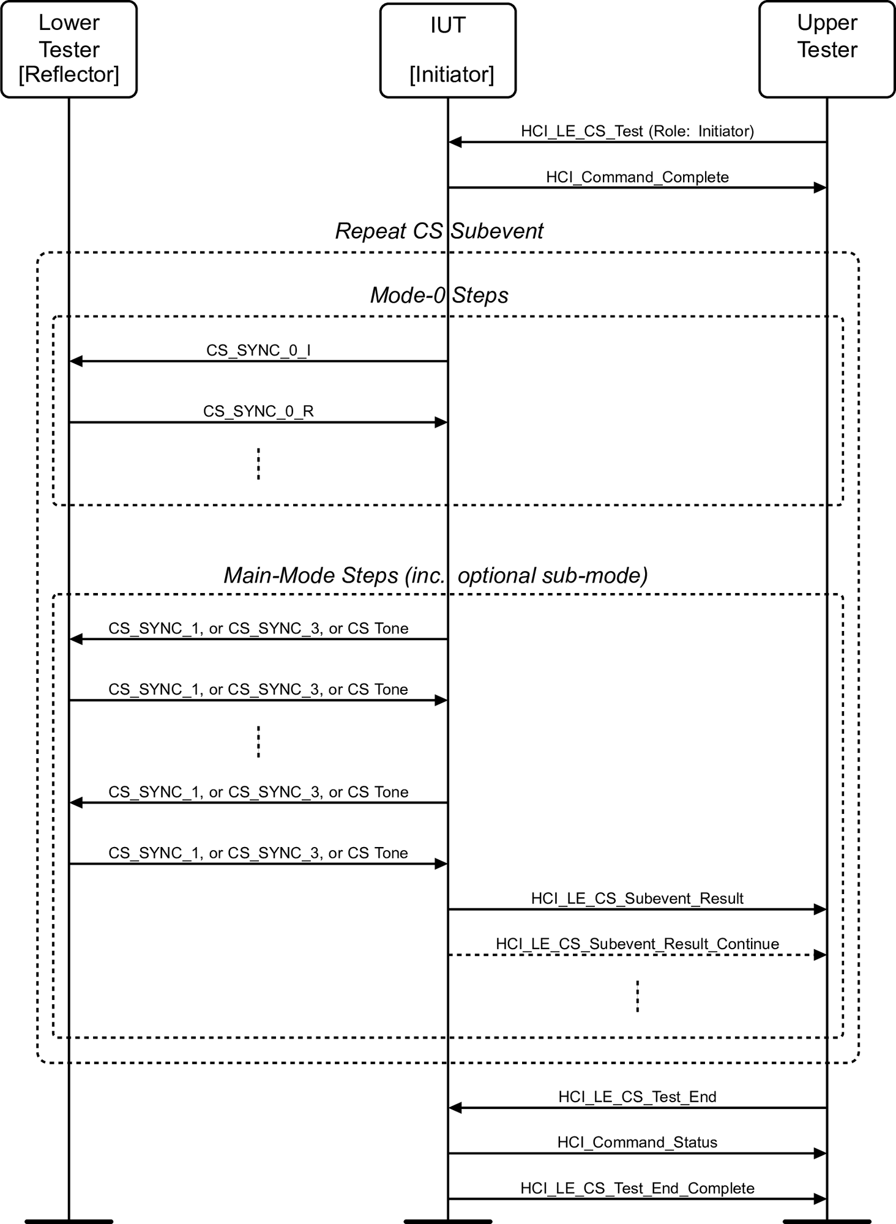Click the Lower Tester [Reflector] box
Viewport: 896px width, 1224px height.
(69, 49)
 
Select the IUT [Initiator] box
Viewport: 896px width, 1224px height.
(448, 50)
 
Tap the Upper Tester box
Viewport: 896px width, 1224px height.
(827, 49)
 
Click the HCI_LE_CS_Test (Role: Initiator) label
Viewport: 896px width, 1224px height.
(637, 131)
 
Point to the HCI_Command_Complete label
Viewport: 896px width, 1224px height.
(637, 177)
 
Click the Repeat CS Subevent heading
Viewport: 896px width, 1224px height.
(439, 231)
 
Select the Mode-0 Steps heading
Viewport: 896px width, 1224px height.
(439, 295)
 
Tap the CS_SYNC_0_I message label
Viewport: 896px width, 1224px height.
(258, 350)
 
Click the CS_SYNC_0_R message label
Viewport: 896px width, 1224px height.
(258, 411)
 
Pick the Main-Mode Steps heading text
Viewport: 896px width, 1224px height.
(435, 575)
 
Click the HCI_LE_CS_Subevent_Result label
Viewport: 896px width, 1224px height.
(637, 898)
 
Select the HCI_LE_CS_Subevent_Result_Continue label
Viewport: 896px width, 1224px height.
(637, 943)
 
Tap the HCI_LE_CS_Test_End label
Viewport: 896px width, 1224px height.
(637, 1096)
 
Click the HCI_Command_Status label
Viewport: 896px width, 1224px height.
(637, 1142)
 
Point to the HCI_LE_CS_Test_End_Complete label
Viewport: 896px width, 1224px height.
(637, 1188)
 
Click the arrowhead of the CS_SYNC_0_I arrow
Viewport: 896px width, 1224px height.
(76, 361)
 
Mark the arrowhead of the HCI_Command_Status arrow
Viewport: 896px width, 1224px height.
(820, 1153)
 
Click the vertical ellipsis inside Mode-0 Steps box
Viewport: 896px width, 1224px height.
(258, 463)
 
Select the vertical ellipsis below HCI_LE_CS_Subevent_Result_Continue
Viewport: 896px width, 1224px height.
(637, 996)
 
